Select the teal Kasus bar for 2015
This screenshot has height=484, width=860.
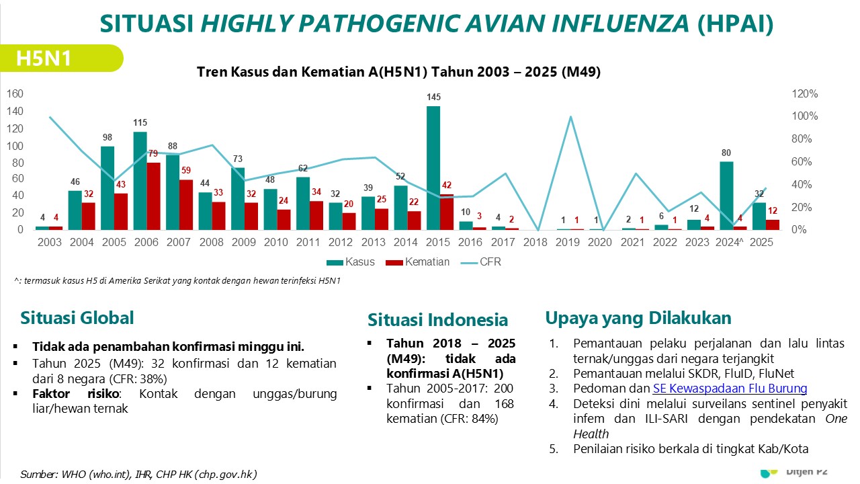[433, 167]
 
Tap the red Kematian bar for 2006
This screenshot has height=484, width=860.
[153, 196]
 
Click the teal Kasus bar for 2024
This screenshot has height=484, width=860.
[726, 195]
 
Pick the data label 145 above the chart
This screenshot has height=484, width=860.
[433, 97]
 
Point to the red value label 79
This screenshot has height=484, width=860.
[153, 154]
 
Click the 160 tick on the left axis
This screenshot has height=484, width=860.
[15, 94]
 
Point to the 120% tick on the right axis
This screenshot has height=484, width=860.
[805, 94]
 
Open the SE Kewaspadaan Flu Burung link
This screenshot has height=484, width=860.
[730, 388]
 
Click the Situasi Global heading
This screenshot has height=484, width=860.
[77, 318]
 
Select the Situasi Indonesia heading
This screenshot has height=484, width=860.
[437, 320]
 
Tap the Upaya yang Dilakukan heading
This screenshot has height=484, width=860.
[638, 318]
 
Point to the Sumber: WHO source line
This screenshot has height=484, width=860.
[138, 474]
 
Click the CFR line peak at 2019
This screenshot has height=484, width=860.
[570, 117]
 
